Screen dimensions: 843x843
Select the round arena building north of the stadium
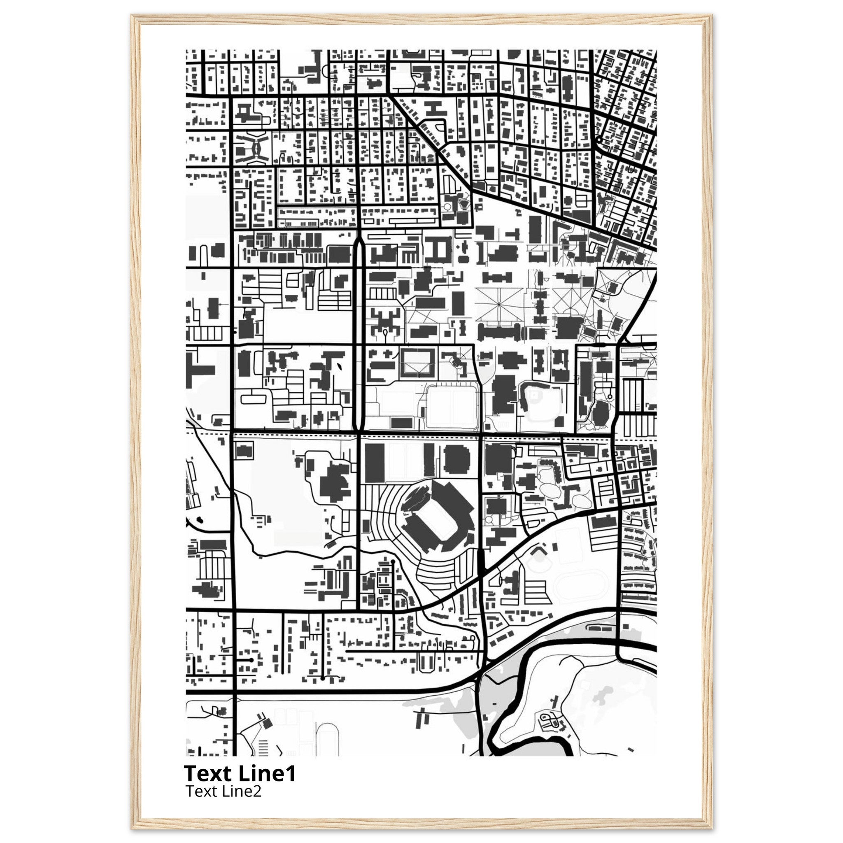[x=457, y=459]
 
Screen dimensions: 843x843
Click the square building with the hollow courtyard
[x=417, y=363]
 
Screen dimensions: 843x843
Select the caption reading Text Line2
[x=224, y=791]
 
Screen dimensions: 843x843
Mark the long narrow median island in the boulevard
[x=358, y=332]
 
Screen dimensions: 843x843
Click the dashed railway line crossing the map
[x=419, y=436]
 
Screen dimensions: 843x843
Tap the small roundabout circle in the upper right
[x=598, y=140]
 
